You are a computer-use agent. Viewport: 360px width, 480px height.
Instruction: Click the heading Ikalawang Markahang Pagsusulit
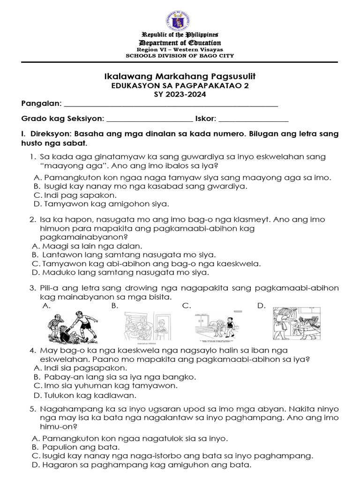180,76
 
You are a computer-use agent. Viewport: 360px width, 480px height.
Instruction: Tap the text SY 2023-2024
180,94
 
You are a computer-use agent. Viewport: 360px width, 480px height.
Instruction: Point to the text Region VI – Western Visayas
180,49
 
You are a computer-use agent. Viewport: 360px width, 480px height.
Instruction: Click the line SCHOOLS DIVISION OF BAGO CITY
180,56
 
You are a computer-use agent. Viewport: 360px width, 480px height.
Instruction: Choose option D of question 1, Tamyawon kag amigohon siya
101,204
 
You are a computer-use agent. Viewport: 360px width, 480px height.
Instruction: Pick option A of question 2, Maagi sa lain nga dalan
87,246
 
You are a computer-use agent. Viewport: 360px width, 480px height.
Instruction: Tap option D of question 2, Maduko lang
120,272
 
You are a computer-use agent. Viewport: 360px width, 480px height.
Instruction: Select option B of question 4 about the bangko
114,377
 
